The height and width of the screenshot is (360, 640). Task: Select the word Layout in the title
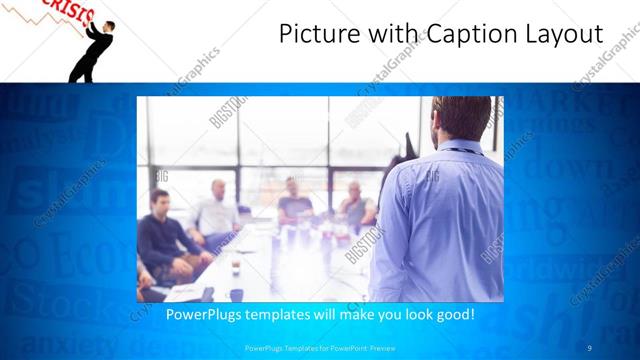point(564,37)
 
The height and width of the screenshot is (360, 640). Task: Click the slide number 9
point(589,348)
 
